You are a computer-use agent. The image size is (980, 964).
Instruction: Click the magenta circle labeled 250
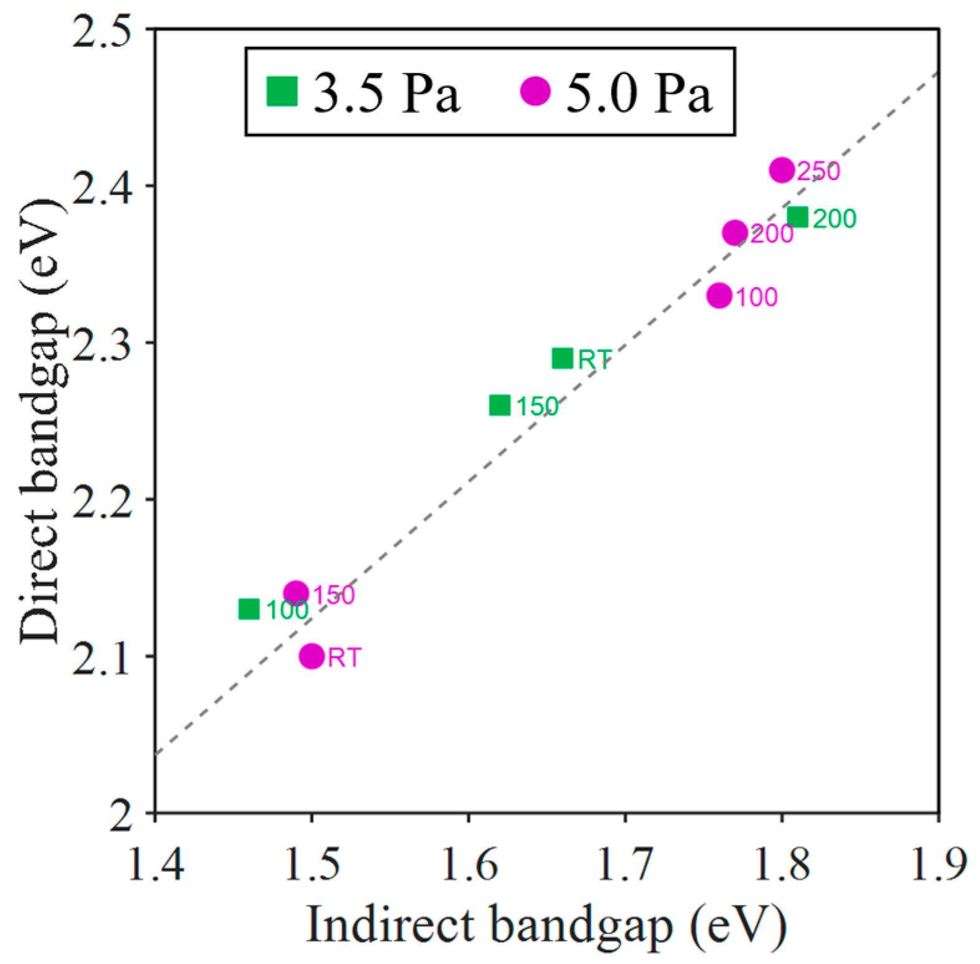tap(782, 169)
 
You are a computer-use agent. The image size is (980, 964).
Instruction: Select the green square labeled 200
tap(798, 217)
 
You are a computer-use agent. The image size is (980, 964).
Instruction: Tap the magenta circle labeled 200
tap(735, 232)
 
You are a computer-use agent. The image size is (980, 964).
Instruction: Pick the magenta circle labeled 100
tap(719, 295)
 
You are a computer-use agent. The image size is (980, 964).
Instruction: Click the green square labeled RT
tap(562, 358)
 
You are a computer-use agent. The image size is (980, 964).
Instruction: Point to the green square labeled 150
tap(499, 405)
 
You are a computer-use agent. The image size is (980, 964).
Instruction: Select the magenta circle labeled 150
tap(296, 592)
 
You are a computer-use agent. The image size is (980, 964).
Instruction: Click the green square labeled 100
tap(249, 608)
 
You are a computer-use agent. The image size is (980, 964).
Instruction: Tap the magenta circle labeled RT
tap(311, 656)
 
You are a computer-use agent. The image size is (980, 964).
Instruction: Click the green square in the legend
tap(282, 92)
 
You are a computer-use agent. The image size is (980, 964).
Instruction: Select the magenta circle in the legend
tap(535, 92)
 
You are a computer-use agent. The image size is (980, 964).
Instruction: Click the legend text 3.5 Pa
tap(386, 93)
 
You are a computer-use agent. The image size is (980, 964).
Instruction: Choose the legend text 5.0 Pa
tap(638, 93)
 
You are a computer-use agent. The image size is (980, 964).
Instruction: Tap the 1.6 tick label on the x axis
tap(469, 864)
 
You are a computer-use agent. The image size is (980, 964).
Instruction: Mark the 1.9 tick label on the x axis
tap(938, 864)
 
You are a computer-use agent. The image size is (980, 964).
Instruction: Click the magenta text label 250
tap(819, 171)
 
